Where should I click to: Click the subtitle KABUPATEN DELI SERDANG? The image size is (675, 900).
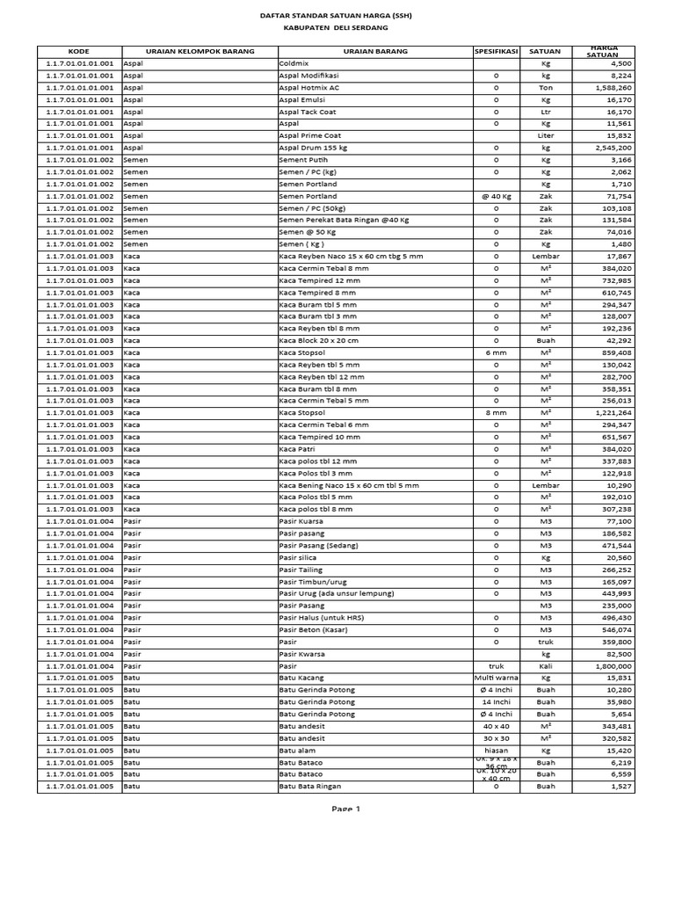coord(337,28)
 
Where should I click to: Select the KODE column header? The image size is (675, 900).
coord(79,52)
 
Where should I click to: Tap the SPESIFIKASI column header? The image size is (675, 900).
coord(497,52)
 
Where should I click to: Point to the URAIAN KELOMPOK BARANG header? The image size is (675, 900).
coord(188,52)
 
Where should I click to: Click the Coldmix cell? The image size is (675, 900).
coord(294,64)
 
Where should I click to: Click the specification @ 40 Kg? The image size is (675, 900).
coord(497,196)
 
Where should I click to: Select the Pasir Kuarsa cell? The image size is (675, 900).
coord(301,521)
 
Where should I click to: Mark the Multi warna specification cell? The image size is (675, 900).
coord(497,678)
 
